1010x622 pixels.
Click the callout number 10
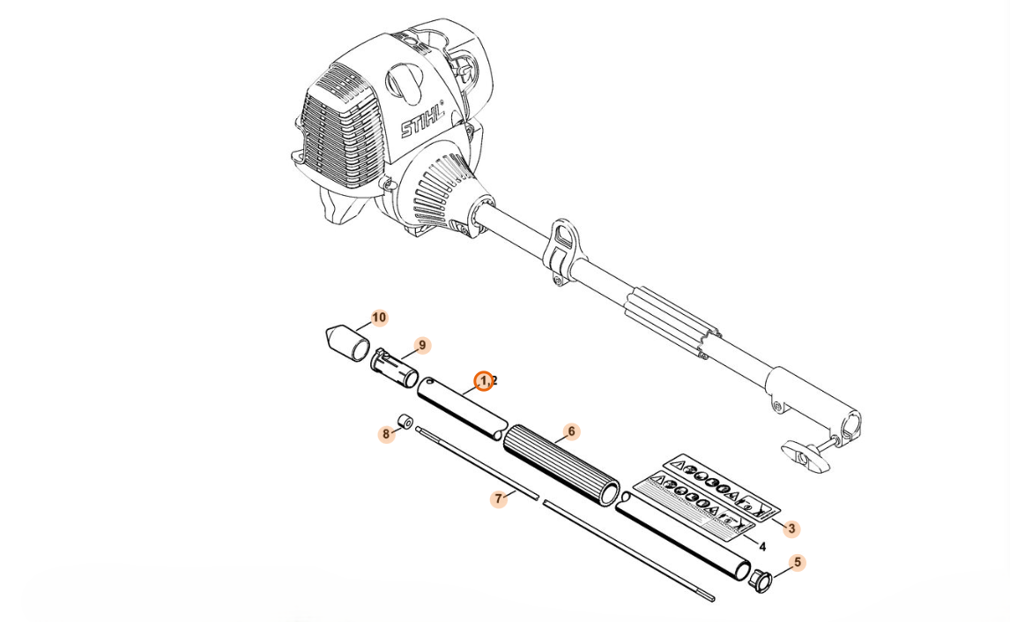379,318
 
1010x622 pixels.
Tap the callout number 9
422,345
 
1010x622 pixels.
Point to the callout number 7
499,499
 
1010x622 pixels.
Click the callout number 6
572,431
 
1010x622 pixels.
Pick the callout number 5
798,562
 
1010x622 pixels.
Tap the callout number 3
791,529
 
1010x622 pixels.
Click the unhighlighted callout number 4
762,547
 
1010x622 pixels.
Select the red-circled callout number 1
483,381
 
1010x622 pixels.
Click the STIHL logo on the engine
422,120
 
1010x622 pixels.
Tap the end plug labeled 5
760,581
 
